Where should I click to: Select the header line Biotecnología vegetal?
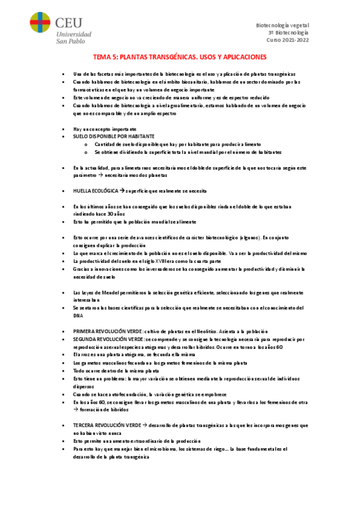point(282,25)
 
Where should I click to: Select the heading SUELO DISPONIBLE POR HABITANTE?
point(114,137)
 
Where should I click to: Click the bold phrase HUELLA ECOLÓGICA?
point(95,191)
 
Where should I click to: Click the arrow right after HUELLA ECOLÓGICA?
point(121,191)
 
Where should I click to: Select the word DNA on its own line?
point(78,316)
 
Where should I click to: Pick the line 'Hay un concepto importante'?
point(105,129)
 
